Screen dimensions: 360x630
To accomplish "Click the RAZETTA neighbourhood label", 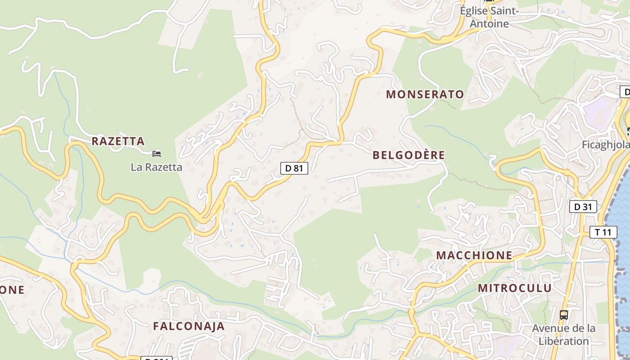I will pos(118,141).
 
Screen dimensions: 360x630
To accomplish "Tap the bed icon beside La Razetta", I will pos(157,154).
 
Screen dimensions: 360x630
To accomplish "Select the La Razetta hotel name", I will pos(156,167).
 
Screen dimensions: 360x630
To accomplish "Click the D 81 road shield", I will pos(294,168).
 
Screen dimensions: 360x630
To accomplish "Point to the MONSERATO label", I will pos(425,94).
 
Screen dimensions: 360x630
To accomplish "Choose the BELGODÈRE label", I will pos(409,155).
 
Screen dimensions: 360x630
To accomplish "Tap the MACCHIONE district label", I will pos(474,256).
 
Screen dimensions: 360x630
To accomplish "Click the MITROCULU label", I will pos(514,288).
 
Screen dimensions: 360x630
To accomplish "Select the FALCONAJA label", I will pos(189,326).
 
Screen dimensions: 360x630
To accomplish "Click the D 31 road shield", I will pos(583,207).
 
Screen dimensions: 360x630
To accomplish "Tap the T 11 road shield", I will pos(603,232).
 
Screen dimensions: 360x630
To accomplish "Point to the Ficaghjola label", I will pos(604,145).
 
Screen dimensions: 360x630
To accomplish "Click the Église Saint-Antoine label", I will pos(490,17).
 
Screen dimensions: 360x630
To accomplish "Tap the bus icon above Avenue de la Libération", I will pos(563,315).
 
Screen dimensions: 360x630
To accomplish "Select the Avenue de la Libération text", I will pos(564,335).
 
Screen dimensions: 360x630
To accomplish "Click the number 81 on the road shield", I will pos(298,168).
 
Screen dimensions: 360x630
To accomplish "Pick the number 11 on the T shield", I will pos(607,232).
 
